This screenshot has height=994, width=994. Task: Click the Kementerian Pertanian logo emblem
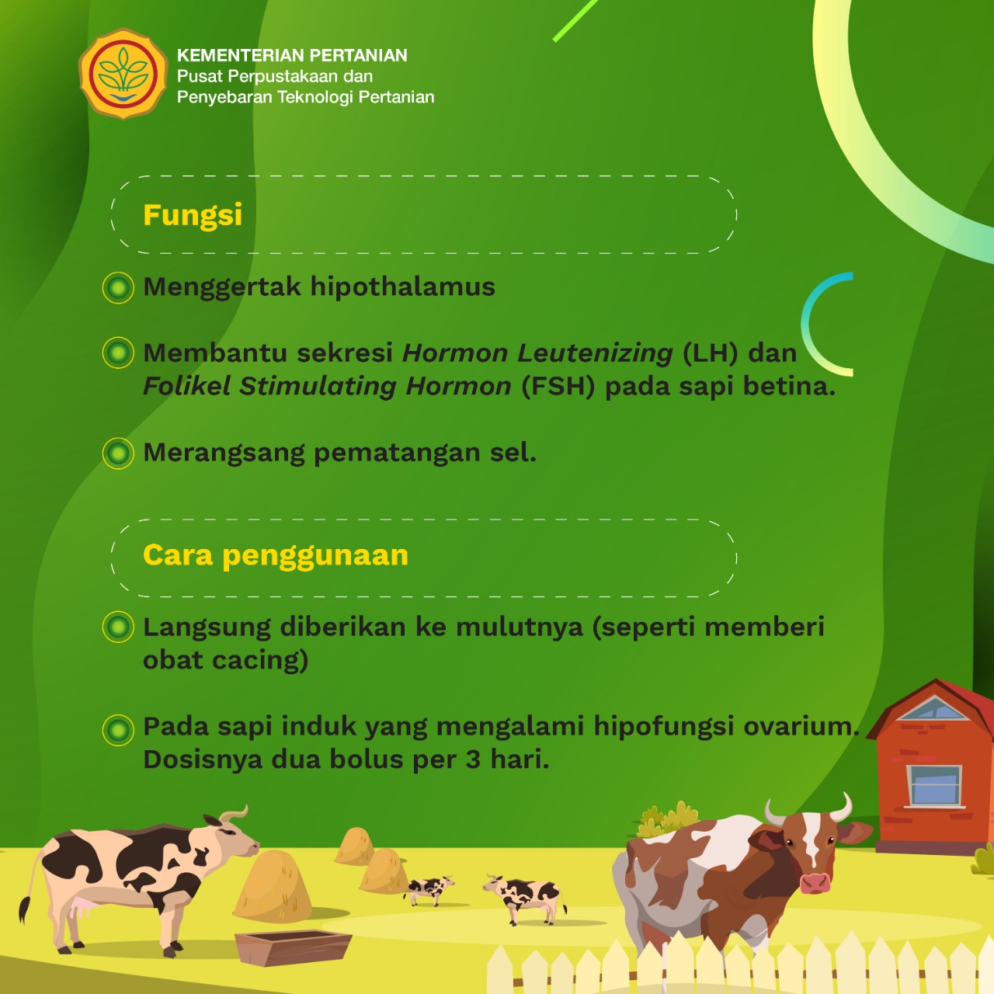(x=123, y=73)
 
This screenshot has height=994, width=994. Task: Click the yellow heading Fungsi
(x=193, y=216)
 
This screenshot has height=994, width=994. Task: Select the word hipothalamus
(x=402, y=287)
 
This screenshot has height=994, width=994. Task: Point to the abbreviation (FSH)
(x=558, y=387)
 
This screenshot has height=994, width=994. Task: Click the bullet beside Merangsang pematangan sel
(x=118, y=454)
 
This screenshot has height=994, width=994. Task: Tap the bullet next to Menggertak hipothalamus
(x=118, y=287)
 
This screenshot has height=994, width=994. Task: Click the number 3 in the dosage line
(x=473, y=759)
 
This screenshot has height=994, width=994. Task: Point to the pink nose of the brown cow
(x=815, y=883)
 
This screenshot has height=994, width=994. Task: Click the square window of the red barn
(x=934, y=786)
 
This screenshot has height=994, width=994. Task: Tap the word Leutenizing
(x=595, y=354)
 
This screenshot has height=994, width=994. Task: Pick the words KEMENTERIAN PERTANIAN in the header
(x=292, y=55)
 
